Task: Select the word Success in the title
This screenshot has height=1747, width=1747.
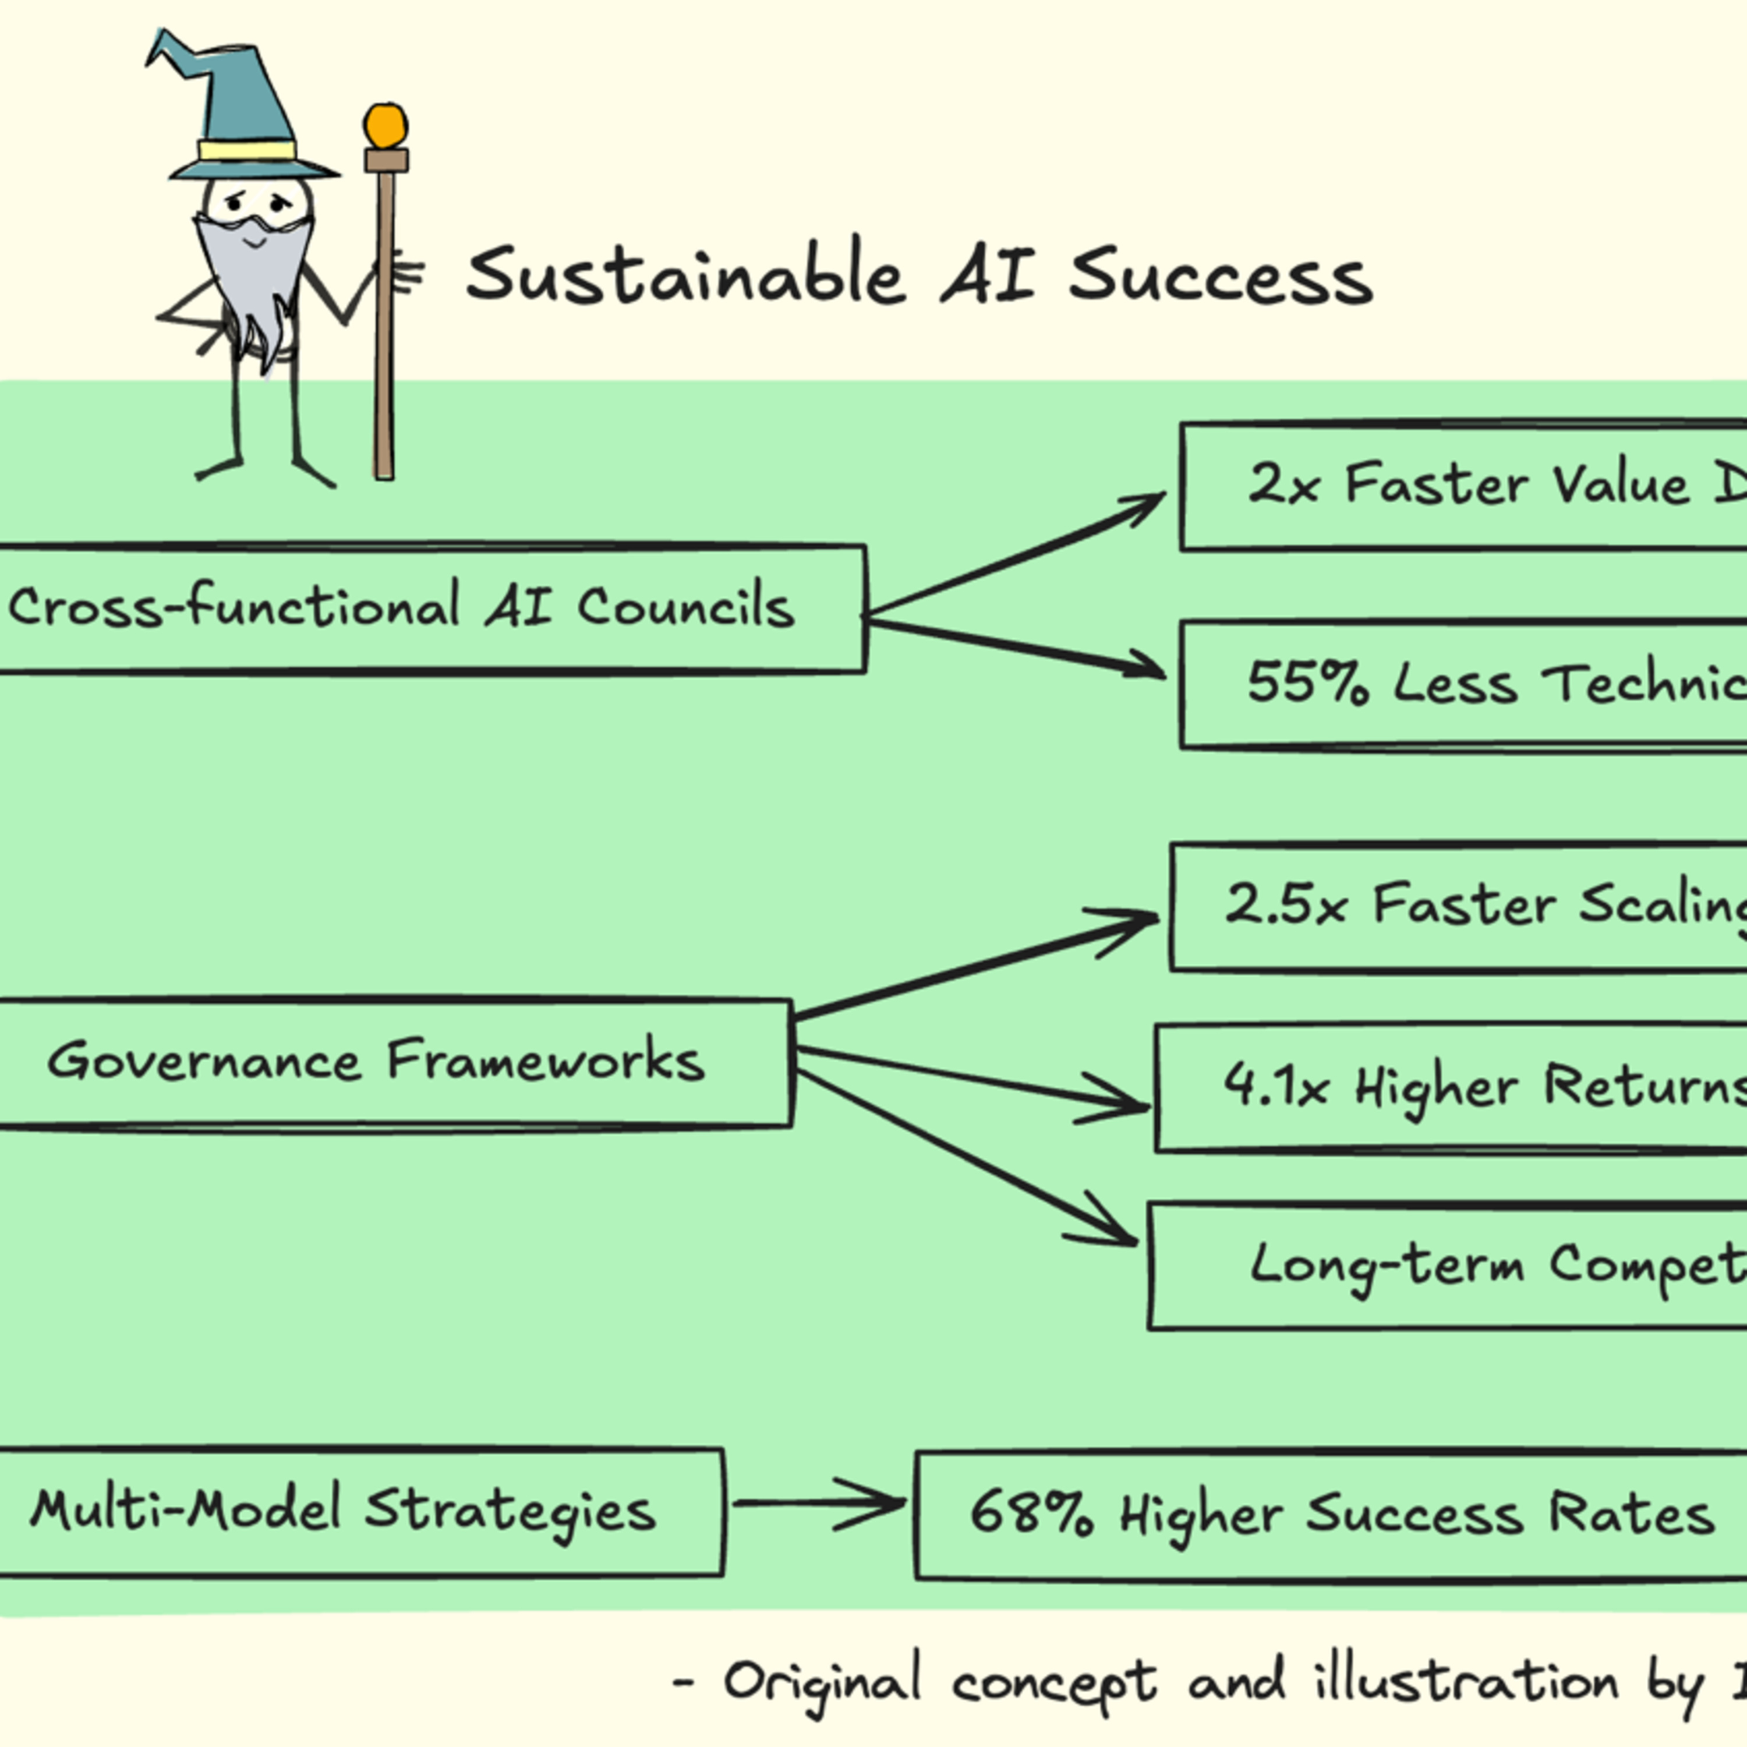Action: (x=1220, y=277)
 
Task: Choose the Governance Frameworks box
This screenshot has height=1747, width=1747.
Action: (x=389, y=1063)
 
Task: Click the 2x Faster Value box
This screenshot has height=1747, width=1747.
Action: (x=1465, y=486)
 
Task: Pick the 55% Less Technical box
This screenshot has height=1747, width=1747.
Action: (x=1465, y=684)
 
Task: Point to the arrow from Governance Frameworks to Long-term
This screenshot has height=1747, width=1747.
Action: (x=963, y=1155)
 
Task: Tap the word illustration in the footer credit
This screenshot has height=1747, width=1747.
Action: (x=1465, y=1682)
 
